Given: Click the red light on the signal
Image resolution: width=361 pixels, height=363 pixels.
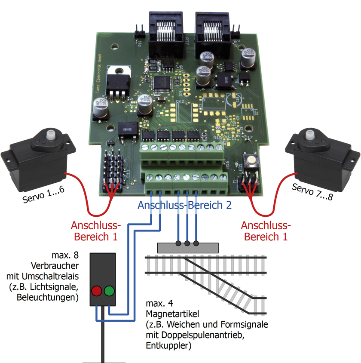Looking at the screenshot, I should pos(96,291).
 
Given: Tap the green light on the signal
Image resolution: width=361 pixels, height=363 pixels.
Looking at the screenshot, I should pos(110,291).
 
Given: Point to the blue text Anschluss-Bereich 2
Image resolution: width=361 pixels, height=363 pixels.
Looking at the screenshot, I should pos(184,205).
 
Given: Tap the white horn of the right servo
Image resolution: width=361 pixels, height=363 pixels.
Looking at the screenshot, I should pos(309,137).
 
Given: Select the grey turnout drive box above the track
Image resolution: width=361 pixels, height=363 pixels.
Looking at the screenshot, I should pos(188,248).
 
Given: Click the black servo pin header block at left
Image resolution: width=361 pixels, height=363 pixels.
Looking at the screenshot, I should pos(113,172).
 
